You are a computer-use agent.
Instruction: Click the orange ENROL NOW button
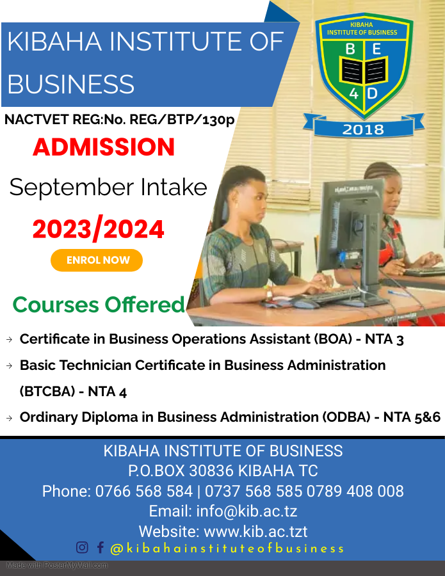97,260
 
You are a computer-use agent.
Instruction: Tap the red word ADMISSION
104,147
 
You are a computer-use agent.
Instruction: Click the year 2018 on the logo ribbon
363,129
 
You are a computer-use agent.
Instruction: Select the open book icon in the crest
364,70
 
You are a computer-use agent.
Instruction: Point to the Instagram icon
82,547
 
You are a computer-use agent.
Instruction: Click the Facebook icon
100,547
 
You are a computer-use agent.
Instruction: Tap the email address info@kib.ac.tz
247,511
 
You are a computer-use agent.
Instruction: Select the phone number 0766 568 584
144,491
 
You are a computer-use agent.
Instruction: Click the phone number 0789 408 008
355,491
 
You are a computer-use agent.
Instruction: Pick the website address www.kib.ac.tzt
255,531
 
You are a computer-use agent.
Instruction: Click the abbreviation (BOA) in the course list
333,339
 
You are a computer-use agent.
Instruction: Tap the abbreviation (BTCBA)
47,392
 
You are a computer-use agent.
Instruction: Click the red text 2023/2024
98,229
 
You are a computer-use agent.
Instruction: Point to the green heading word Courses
56,305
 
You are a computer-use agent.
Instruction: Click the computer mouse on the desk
305,303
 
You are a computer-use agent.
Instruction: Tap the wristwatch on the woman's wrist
270,292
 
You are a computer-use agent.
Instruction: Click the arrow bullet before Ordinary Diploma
10,418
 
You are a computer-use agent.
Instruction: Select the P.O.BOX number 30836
211,470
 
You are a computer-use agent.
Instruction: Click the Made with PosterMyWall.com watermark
57,565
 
